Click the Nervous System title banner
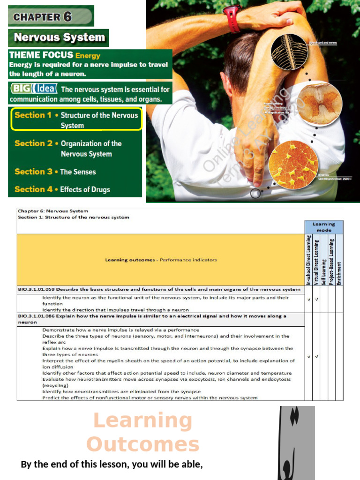[59, 37]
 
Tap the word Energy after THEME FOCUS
[88, 55]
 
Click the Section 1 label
[33, 115]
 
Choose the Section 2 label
[33, 143]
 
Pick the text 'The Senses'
[78, 172]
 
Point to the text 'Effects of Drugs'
[85, 189]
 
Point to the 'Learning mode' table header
[324, 227]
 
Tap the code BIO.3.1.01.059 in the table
[37, 289]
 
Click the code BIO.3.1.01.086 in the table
[37, 316]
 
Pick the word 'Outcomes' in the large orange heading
[143, 444]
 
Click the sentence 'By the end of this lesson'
[112, 465]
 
